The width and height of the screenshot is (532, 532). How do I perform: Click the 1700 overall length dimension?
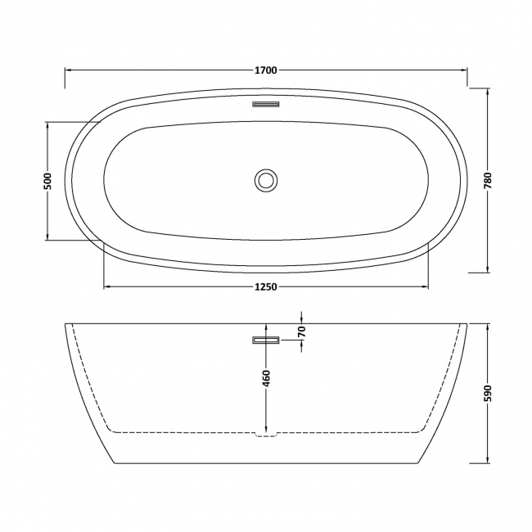266,70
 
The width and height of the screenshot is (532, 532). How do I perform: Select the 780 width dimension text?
488,181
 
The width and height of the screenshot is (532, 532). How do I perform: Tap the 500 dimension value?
47,181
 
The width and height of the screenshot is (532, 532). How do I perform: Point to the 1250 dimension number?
266,286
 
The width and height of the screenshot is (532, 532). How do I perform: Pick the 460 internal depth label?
266,378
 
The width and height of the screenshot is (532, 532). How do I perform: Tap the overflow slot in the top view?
266,104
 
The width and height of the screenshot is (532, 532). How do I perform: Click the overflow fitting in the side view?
266,340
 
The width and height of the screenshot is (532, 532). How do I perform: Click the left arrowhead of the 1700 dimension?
69,70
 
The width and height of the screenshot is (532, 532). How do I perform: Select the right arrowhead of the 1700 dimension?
463,70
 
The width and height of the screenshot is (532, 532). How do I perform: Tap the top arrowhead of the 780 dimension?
488,92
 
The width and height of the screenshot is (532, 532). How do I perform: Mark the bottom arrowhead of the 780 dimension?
488,268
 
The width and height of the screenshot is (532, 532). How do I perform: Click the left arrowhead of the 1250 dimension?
107,286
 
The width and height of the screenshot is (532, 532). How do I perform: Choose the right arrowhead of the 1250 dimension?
425,286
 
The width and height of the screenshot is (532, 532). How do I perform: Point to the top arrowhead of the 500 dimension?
47,126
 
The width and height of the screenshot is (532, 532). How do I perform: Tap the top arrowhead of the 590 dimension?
488,327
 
